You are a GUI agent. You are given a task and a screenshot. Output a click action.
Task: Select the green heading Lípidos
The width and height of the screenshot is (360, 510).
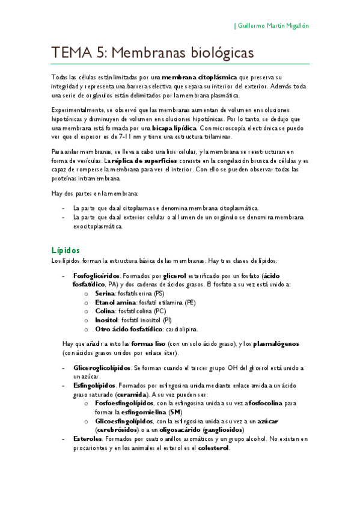pyautogui.click(x=66, y=250)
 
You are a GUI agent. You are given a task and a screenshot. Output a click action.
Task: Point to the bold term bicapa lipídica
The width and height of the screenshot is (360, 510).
pyautogui.click(x=174, y=128)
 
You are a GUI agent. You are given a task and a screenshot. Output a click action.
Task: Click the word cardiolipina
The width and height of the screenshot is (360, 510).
pyautogui.click(x=180, y=329)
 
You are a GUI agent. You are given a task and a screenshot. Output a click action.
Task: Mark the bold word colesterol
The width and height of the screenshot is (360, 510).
pyautogui.click(x=213, y=448)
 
